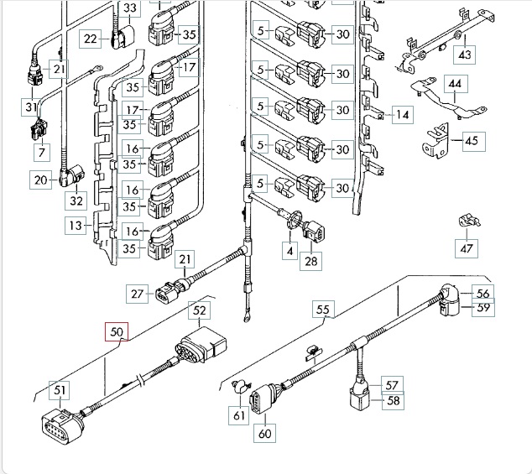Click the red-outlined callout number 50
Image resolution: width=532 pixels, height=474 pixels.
[117, 333]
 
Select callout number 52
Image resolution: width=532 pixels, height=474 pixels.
[200, 311]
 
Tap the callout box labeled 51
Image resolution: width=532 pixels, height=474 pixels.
[60, 389]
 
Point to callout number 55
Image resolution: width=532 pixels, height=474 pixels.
[324, 310]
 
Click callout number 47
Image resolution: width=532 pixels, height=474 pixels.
[467, 247]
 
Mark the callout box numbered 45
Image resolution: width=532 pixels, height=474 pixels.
[471, 140]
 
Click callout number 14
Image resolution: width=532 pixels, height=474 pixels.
[403, 114]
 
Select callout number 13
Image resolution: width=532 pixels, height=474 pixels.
[76, 225]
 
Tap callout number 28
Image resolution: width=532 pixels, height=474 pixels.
[312, 262]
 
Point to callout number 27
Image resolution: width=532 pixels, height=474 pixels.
[138, 294]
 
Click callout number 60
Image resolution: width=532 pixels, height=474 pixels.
[266, 434]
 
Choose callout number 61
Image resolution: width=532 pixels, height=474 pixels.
[241, 413]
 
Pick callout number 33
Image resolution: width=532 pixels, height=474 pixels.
[130, 9]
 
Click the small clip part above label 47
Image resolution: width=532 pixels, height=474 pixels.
[467, 221]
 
